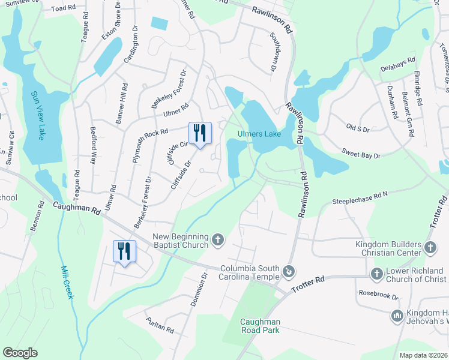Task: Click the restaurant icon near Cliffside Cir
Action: coord(200,133)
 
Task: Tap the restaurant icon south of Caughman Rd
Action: coord(124,251)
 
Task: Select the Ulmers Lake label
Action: coord(259,134)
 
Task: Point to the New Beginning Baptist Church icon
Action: coord(218,241)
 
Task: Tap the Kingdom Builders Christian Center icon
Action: coord(430,248)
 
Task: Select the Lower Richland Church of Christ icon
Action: coord(376,274)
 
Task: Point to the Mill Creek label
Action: coord(68,282)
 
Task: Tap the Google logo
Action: coord(20,353)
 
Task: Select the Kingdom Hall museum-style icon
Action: coord(396,315)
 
